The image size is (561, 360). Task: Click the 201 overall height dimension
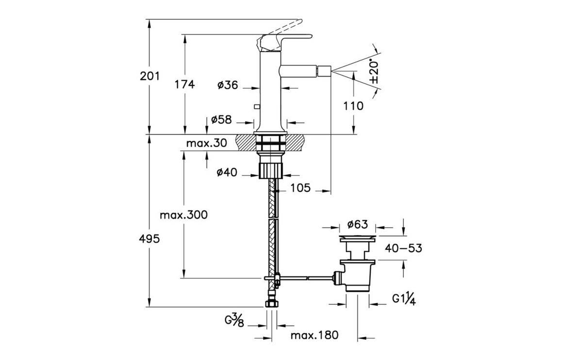click(x=150, y=76)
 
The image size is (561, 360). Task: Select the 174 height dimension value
click(x=184, y=84)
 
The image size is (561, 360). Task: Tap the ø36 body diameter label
click(x=228, y=85)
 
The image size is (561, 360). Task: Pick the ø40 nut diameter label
click(x=227, y=172)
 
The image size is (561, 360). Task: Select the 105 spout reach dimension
click(x=300, y=188)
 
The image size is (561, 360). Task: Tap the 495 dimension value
click(x=150, y=239)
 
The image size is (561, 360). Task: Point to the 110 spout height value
click(x=353, y=106)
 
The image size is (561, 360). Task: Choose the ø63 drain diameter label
click(x=357, y=224)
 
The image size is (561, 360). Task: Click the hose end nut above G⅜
click(x=272, y=304)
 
